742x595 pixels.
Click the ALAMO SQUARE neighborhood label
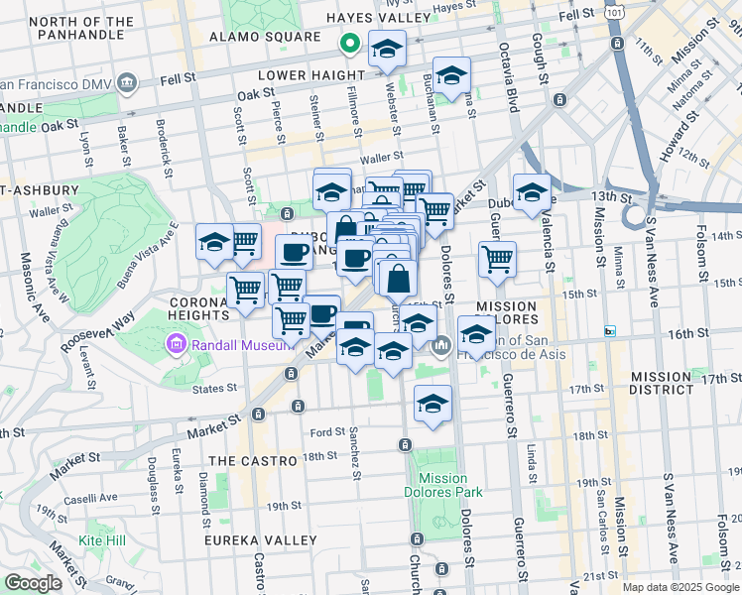click(265, 38)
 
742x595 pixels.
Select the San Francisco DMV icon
click(126, 82)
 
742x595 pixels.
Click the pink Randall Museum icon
click(176, 344)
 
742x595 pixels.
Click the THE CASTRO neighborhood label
click(253, 461)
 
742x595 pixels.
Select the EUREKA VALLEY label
click(260, 540)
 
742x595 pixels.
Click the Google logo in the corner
click(33, 583)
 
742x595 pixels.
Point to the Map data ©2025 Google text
click(679, 587)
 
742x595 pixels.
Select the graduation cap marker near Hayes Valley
click(387, 48)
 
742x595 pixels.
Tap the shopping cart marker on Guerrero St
click(497, 261)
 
